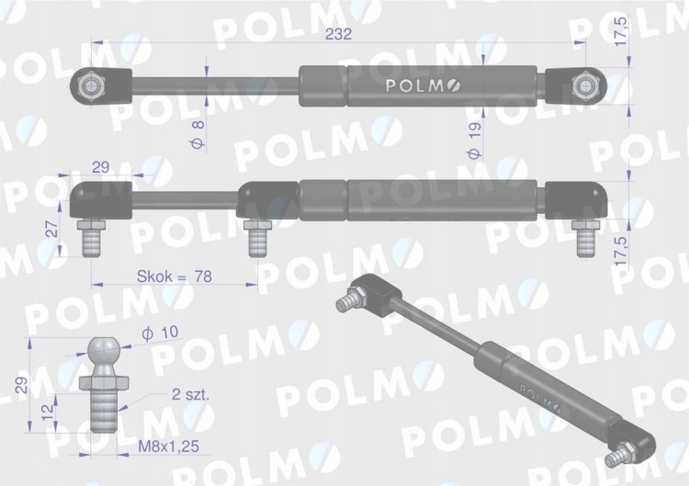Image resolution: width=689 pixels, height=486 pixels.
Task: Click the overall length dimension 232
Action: [338, 34]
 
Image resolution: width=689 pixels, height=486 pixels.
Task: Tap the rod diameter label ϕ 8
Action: [198, 134]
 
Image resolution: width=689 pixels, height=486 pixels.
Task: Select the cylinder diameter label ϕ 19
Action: [476, 141]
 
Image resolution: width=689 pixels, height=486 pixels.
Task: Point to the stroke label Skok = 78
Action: [175, 277]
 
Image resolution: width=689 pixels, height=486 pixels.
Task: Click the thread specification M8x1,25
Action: [169, 446]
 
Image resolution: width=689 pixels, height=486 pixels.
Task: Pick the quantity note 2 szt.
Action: [191, 394]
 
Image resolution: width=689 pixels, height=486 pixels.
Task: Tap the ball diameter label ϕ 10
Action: [160, 333]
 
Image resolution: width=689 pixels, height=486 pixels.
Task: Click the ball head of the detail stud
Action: [103, 349]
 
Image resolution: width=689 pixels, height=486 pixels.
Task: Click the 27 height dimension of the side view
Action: [52, 230]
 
